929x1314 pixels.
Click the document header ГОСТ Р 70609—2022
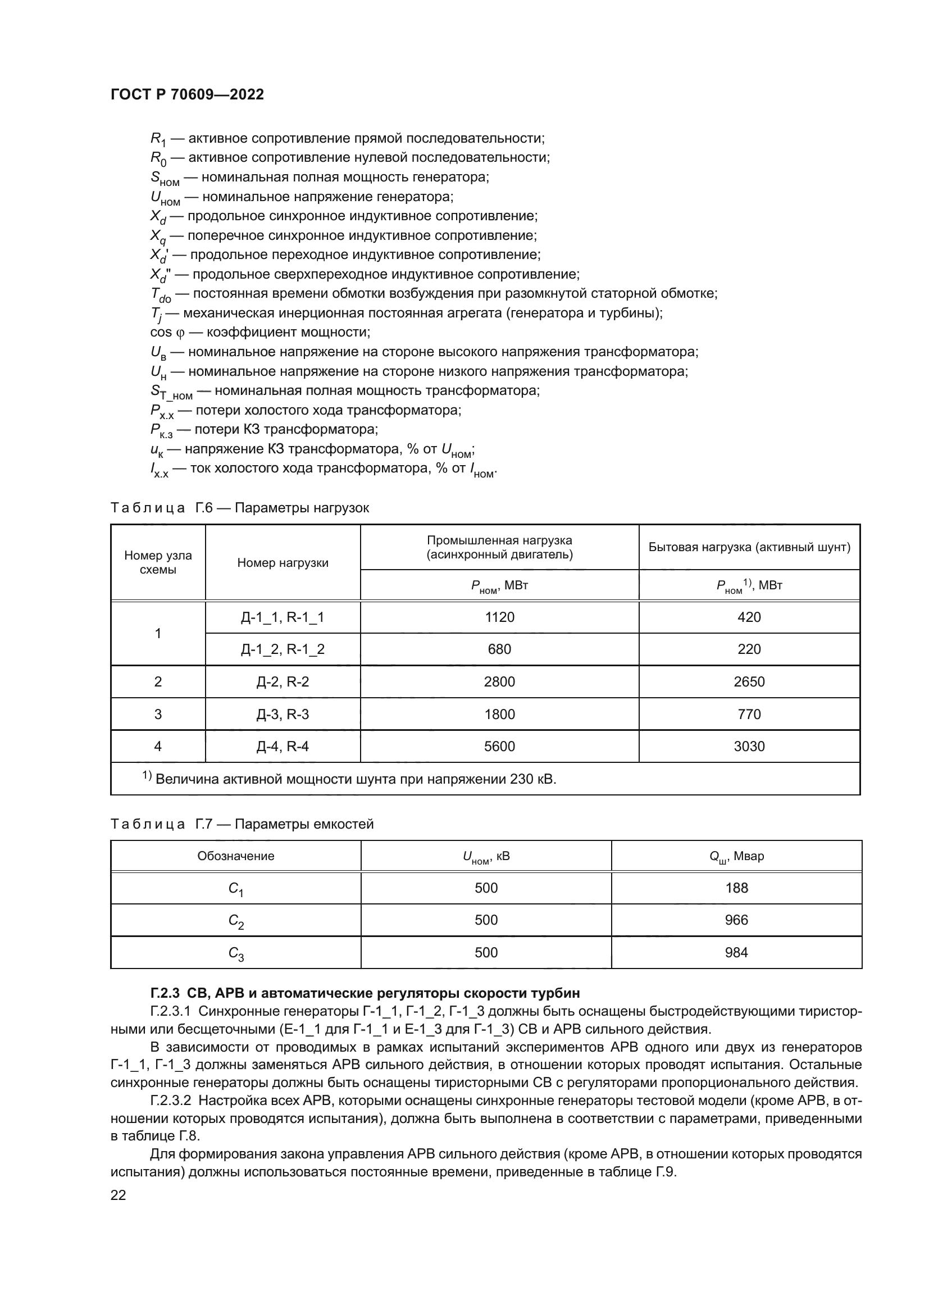pyautogui.click(x=187, y=94)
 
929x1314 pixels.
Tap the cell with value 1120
pyautogui.click(x=499, y=617)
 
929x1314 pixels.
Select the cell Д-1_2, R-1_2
pyautogui.click(x=283, y=649)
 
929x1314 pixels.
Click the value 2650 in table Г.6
pyautogui.click(x=749, y=681)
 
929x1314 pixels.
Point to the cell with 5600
pyautogui.click(x=499, y=746)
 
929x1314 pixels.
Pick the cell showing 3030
pyautogui.click(x=749, y=746)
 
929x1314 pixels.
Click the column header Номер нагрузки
pyautogui.click(x=283, y=562)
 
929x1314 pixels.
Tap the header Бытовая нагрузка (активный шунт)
pyautogui.click(x=749, y=547)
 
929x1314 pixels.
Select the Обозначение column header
pyautogui.click(x=236, y=856)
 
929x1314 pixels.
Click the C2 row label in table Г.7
pyautogui.click(x=236, y=921)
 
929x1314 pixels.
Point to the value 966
pyautogui.click(x=736, y=920)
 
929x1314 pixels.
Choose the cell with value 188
pyautogui.click(x=736, y=888)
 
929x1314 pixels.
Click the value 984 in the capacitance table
pyautogui.click(x=736, y=953)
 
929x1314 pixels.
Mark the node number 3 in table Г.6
pyautogui.click(x=158, y=714)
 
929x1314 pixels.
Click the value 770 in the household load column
pyautogui.click(x=749, y=714)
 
